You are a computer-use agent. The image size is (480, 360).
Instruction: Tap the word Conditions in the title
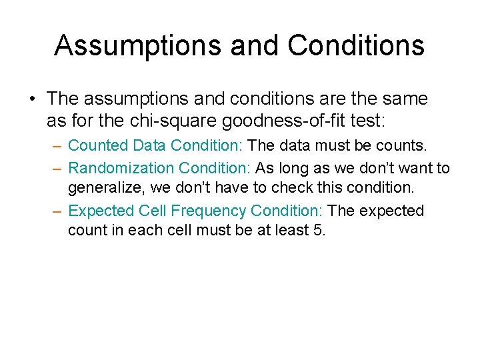pos(356,46)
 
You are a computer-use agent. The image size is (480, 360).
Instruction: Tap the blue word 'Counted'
pos(98,145)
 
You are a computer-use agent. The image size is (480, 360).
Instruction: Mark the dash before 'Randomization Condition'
pos(57,168)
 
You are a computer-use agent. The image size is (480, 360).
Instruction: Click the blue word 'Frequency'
pos(208,211)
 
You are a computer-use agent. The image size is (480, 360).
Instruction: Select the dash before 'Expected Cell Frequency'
pos(57,211)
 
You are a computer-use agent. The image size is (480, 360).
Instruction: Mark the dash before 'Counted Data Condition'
pos(57,145)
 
